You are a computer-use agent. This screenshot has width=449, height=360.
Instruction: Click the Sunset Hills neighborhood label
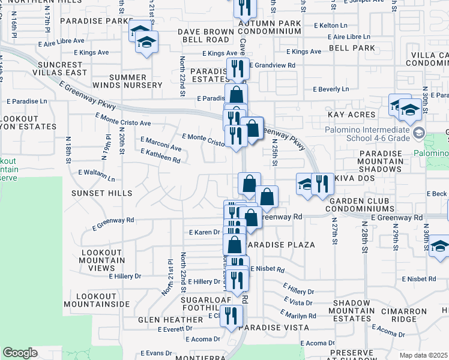coord(101,193)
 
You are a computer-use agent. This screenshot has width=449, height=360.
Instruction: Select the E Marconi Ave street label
coord(160,144)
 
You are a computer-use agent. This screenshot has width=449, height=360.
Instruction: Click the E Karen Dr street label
coord(205,232)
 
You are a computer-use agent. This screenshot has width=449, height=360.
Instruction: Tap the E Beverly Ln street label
coord(331,89)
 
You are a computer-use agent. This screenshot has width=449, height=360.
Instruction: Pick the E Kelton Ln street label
coord(330,26)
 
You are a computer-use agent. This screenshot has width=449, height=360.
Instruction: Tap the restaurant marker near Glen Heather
coord(231,316)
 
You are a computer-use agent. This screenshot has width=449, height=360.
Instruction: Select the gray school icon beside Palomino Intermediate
coord(419,133)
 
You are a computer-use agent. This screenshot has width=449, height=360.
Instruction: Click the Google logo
coord(20,353)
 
